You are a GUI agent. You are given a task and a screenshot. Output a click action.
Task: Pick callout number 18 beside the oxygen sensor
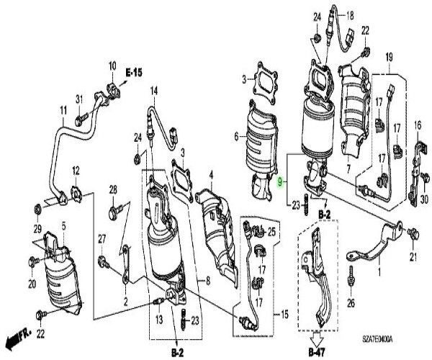(x=351, y=15)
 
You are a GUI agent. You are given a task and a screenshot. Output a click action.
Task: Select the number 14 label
(x=153, y=90)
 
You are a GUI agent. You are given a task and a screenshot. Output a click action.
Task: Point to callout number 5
(x=63, y=226)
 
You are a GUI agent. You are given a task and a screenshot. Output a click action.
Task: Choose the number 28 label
(x=113, y=189)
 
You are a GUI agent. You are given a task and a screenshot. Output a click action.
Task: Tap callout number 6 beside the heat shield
(x=235, y=135)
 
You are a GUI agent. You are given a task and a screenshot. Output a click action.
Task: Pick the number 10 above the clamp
(x=112, y=67)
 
